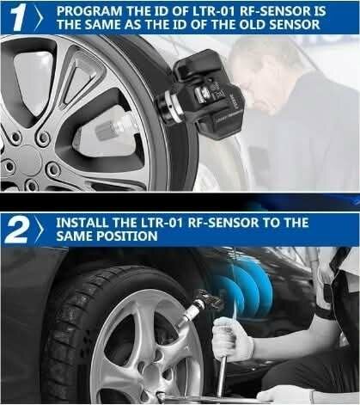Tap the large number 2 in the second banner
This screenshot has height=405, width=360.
16,230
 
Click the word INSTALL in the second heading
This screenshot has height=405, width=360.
82,222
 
